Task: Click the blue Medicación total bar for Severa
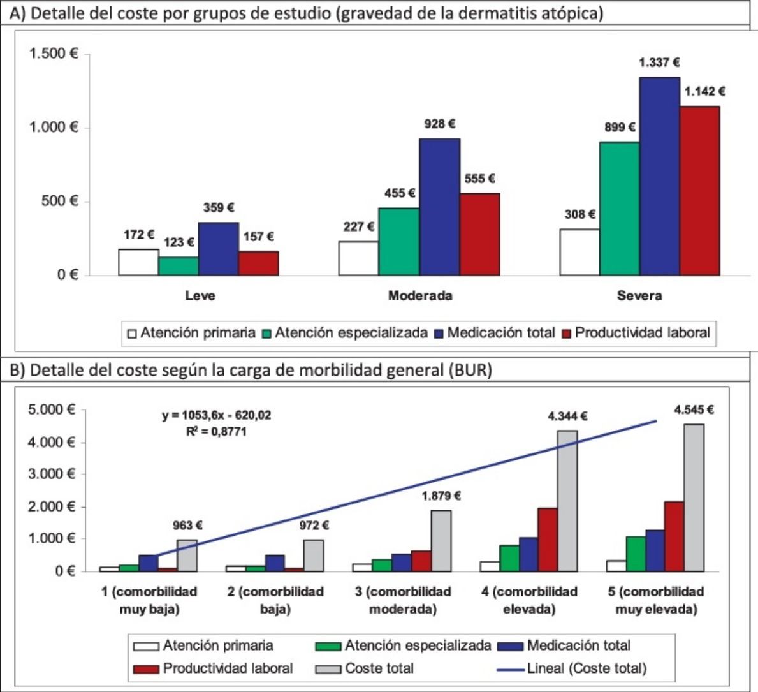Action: point(659,176)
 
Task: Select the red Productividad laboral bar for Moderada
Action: point(479,234)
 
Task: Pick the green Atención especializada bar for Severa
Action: point(619,209)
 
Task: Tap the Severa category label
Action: point(639,296)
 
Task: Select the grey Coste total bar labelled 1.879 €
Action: point(441,540)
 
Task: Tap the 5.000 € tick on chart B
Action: point(53,410)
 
